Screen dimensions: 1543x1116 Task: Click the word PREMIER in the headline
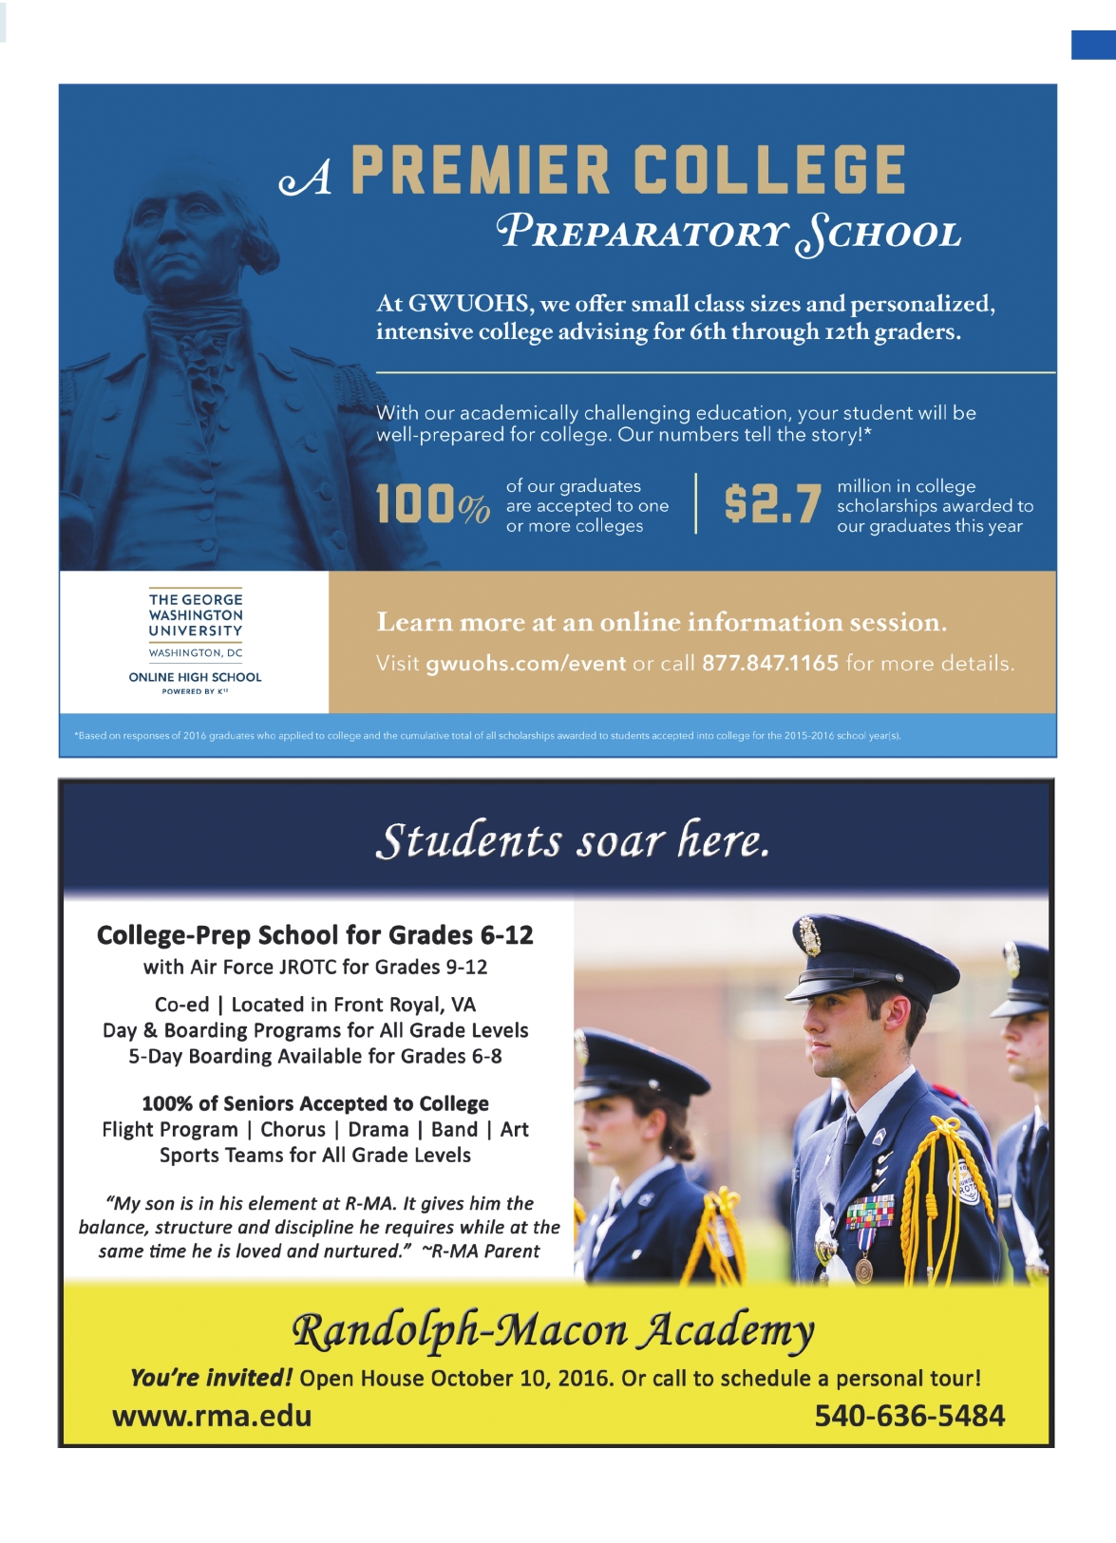pyautogui.click(x=480, y=171)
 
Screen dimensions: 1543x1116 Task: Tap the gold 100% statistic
pyautogui.click(x=432, y=504)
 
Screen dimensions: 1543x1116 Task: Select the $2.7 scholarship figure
pyautogui.click(x=771, y=504)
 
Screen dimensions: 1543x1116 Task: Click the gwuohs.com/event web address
pyautogui.click(x=525, y=663)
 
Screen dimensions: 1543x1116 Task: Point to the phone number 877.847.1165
pyautogui.click(x=769, y=663)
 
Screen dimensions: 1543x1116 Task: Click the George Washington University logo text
pyautogui.click(x=196, y=615)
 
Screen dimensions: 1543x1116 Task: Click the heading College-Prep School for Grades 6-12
pyautogui.click(x=314, y=935)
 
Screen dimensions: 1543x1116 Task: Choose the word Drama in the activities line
pyautogui.click(x=378, y=1129)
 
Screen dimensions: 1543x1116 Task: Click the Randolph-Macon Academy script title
pyautogui.click(x=553, y=1330)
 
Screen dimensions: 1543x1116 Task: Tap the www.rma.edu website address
pyautogui.click(x=212, y=1416)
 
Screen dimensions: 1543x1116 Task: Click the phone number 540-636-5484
pyautogui.click(x=909, y=1416)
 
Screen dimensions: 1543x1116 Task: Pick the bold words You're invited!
pyautogui.click(x=211, y=1378)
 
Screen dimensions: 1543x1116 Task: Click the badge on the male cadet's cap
pyautogui.click(x=811, y=936)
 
